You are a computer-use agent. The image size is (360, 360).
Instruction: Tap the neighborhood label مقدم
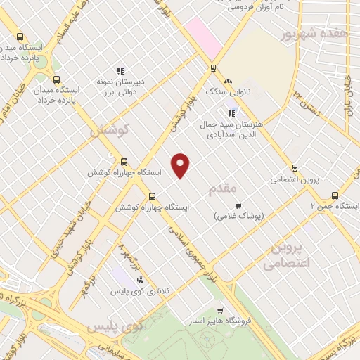pyautogui.click(x=224, y=189)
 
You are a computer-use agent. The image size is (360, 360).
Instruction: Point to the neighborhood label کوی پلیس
pyautogui.click(x=113, y=326)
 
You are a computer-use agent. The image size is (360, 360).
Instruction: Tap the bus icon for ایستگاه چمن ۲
pyautogui.click(x=334, y=195)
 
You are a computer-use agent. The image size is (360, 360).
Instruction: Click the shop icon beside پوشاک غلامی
pyautogui.click(x=238, y=206)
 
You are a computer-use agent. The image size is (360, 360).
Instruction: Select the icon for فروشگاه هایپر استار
pyautogui.click(x=221, y=310)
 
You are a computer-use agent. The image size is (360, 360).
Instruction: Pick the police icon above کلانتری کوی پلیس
pyautogui.click(x=139, y=280)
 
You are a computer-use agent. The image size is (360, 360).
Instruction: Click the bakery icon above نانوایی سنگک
pyautogui.click(x=228, y=82)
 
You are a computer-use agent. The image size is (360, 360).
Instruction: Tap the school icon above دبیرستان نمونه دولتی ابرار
pyautogui.click(x=120, y=70)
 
